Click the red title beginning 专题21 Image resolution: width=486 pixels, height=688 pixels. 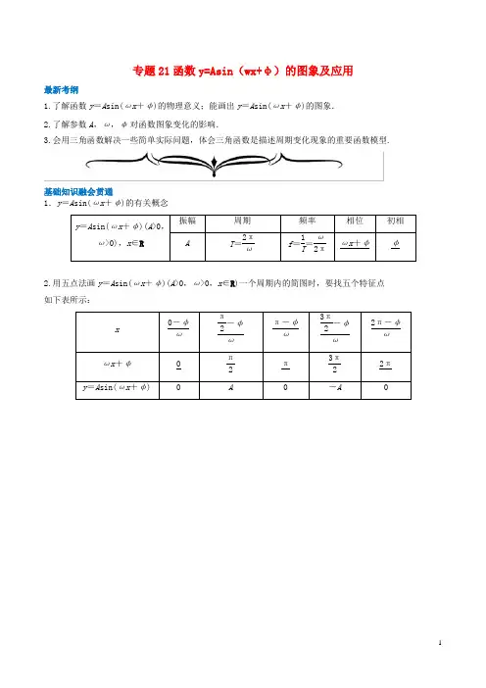click(241, 71)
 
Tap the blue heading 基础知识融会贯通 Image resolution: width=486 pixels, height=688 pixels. click(79, 190)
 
